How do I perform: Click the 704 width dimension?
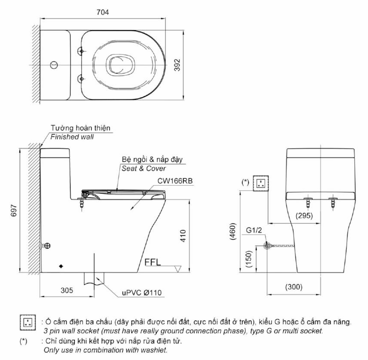coord(103,12)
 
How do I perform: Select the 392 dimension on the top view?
coord(178,65)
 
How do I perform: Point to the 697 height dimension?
coord(14,210)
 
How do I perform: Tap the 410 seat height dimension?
coord(183,236)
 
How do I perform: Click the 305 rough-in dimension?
coord(67,290)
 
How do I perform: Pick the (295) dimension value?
coord(304,215)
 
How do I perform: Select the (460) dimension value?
coord(232,231)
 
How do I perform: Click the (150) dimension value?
coord(248,259)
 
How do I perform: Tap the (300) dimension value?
coord(294,287)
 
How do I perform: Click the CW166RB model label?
coord(175,181)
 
